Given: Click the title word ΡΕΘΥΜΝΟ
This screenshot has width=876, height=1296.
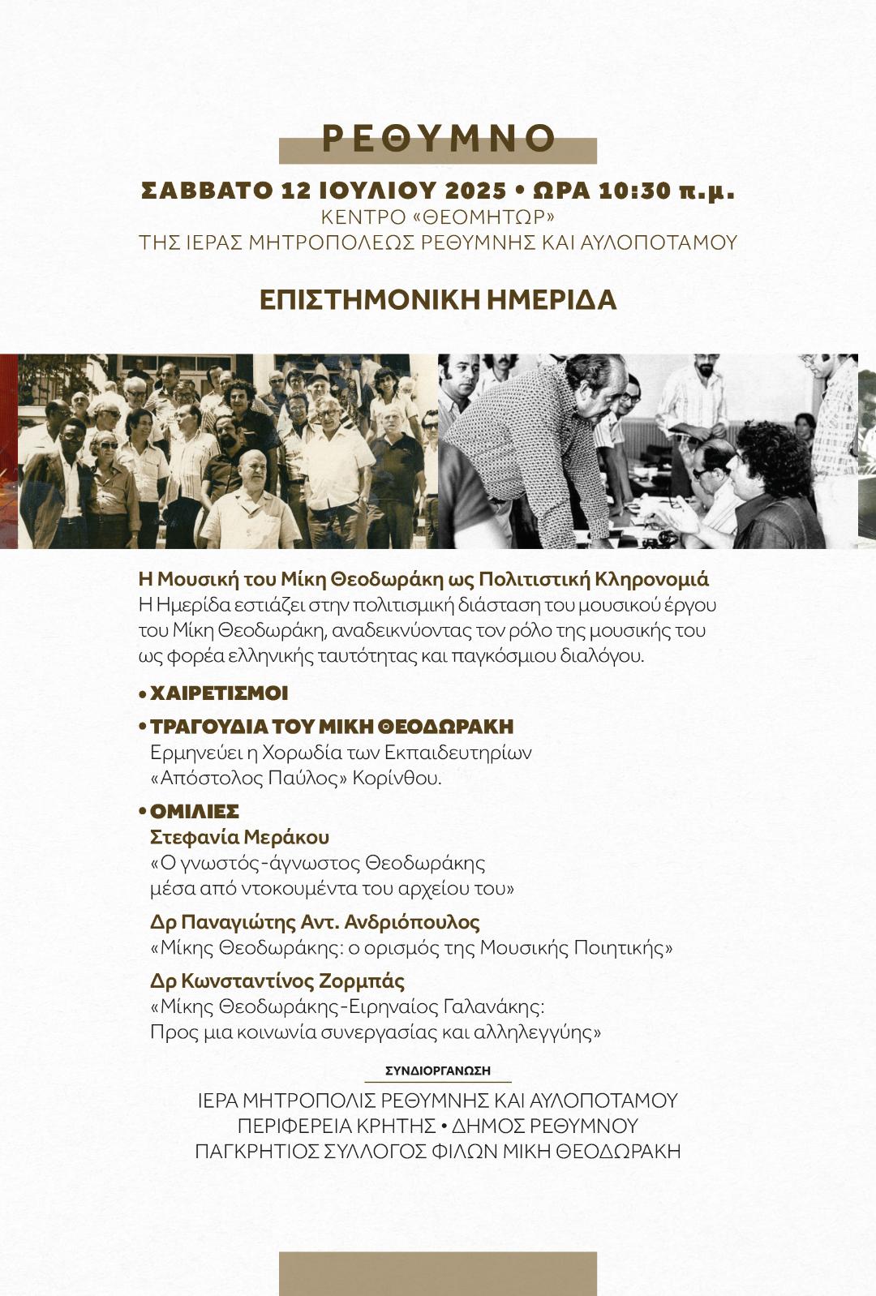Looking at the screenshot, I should (x=438, y=139).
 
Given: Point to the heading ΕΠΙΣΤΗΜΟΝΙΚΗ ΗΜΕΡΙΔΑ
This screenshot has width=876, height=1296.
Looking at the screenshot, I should (x=438, y=300).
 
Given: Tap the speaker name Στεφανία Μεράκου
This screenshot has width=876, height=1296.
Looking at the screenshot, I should (x=239, y=837).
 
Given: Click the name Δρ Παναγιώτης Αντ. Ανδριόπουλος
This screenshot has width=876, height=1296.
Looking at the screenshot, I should (x=315, y=922).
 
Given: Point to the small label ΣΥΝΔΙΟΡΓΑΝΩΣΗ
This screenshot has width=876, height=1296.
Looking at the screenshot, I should (x=438, y=1071).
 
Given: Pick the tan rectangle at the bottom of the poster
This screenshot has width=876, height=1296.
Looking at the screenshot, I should (x=438, y=1273).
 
